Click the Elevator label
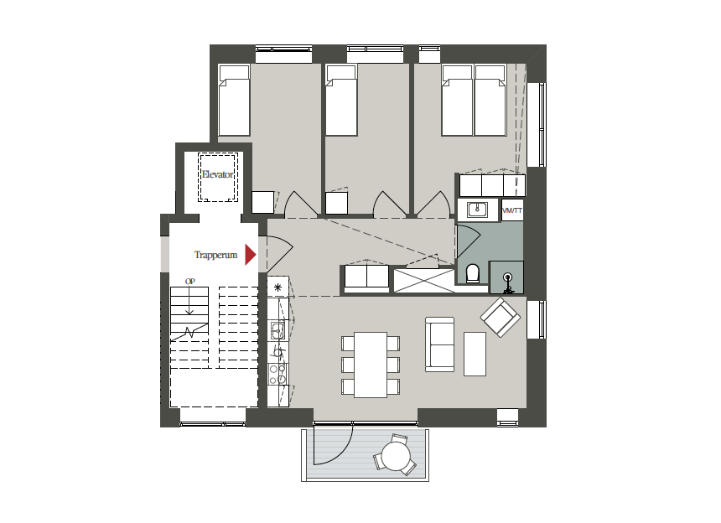[x=217, y=174]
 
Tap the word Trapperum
[x=215, y=255]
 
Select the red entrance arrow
[x=250, y=255]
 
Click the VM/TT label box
[x=512, y=210]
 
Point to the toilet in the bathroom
[x=472, y=273]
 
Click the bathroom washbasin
[x=477, y=210]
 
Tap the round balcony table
[x=396, y=456]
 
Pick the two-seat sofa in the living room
[x=440, y=344]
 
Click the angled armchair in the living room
[x=501, y=317]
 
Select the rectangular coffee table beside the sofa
[x=475, y=354]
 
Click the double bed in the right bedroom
[x=474, y=101]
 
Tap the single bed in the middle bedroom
[x=341, y=101]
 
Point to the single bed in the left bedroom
[x=234, y=101]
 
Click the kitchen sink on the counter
[x=278, y=329]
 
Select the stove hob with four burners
[x=278, y=374]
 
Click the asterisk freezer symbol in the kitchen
[x=278, y=287]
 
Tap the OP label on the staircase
[x=190, y=282]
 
